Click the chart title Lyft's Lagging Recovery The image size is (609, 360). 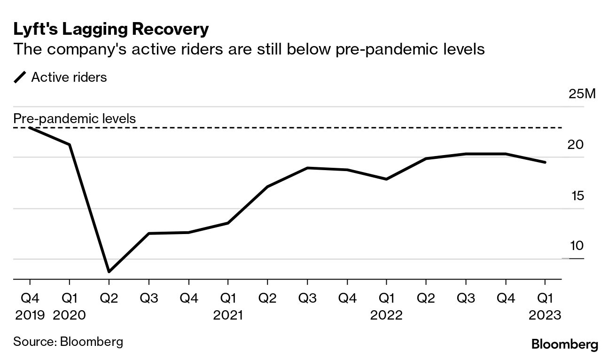tap(111, 29)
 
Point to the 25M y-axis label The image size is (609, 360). tap(582, 94)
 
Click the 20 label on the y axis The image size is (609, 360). tap(576, 145)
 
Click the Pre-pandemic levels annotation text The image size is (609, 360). tap(74, 118)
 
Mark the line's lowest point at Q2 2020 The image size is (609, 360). tap(109, 272)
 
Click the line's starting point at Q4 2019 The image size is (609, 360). tap(30, 127)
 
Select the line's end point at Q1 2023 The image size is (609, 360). tap(545, 162)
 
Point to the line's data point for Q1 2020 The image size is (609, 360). tap(70, 144)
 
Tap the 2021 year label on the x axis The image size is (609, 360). tap(228, 315)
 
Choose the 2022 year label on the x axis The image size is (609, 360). tap(386, 315)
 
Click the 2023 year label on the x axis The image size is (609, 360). tap(545, 315)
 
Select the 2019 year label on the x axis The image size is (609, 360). tap(30, 315)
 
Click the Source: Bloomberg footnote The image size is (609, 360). tap(68, 341)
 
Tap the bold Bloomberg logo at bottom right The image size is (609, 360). tap(565, 344)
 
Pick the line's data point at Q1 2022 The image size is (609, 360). tap(386, 179)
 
